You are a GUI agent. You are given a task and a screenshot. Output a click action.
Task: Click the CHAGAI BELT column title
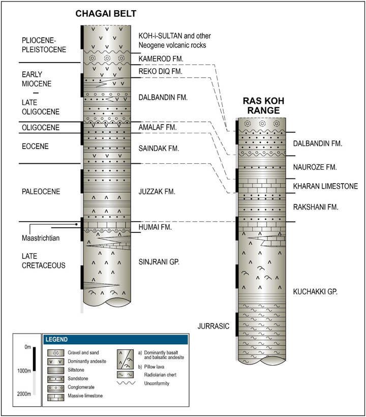(107, 14)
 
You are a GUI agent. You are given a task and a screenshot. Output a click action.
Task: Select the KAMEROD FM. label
(161, 59)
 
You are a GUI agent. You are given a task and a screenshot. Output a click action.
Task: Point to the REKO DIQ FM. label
(160, 73)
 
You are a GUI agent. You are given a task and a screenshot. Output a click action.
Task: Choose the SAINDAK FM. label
(159, 148)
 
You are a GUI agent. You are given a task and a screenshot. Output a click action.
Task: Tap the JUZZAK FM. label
(157, 192)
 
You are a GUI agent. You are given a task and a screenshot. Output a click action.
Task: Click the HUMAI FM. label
(156, 227)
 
